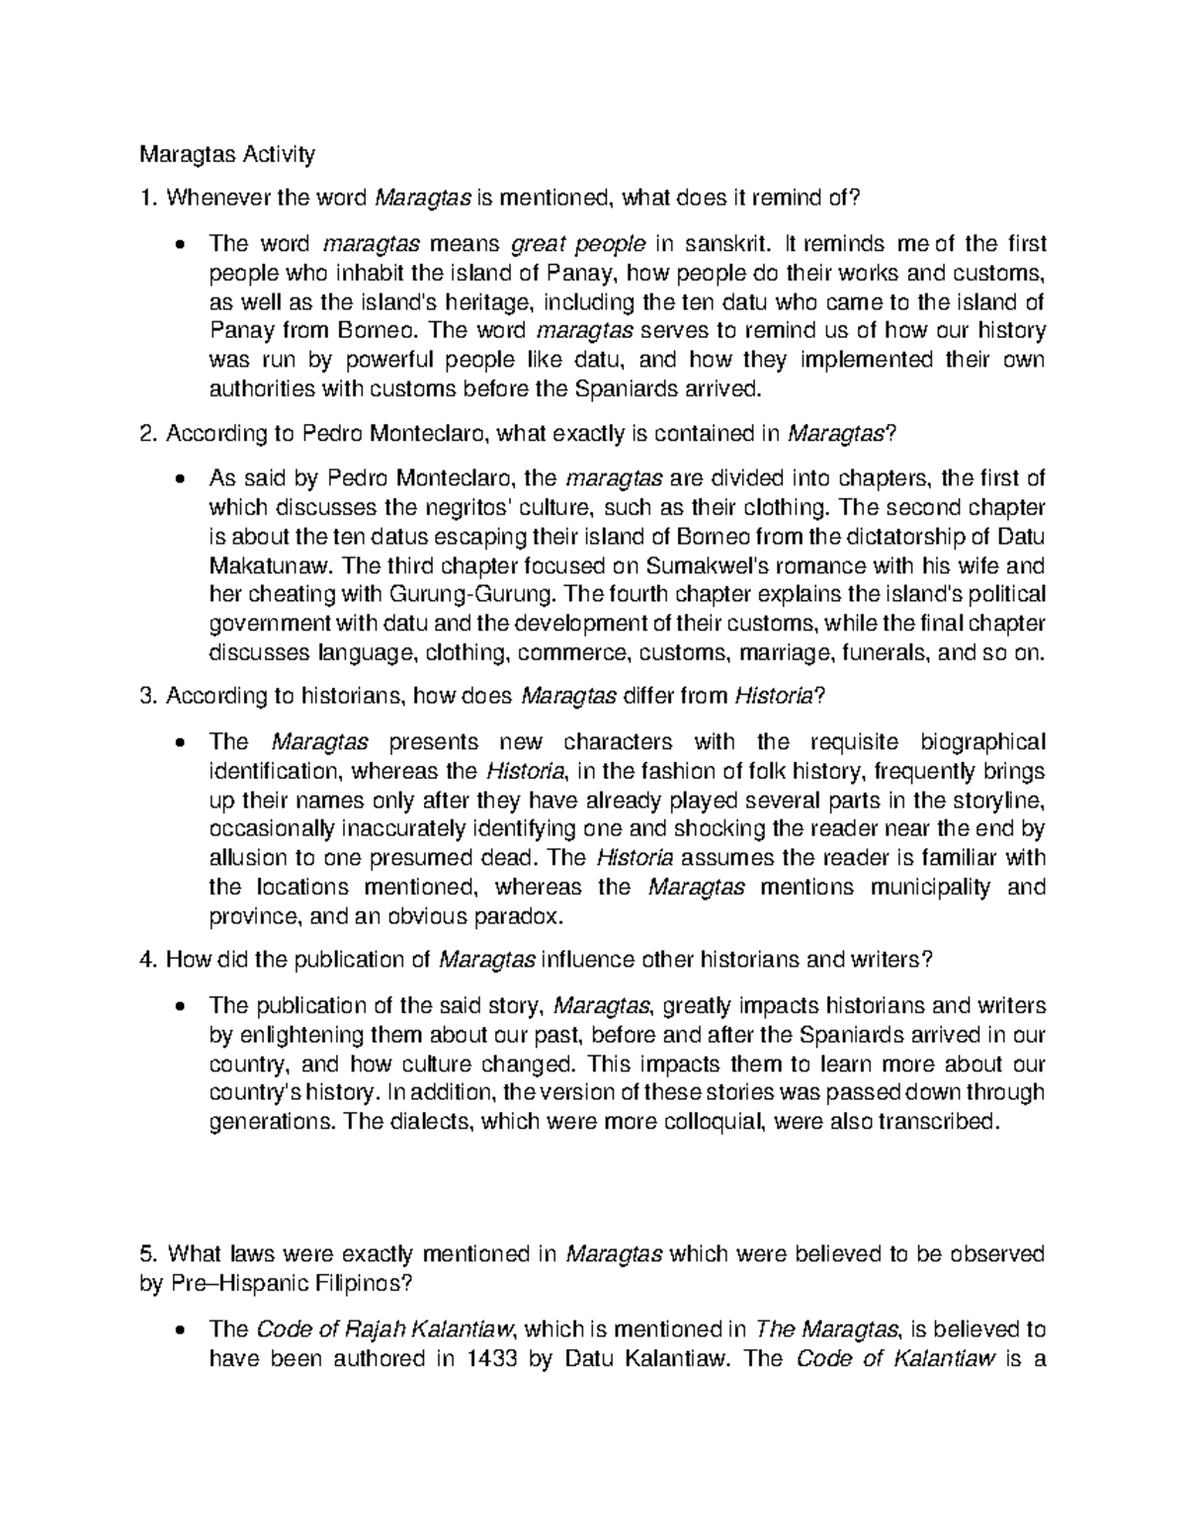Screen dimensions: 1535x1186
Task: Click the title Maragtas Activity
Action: (226, 154)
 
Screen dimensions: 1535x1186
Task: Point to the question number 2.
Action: (147, 434)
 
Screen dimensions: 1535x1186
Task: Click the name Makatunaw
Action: (271, 566)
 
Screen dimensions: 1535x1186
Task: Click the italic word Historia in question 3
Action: (774, 697)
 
